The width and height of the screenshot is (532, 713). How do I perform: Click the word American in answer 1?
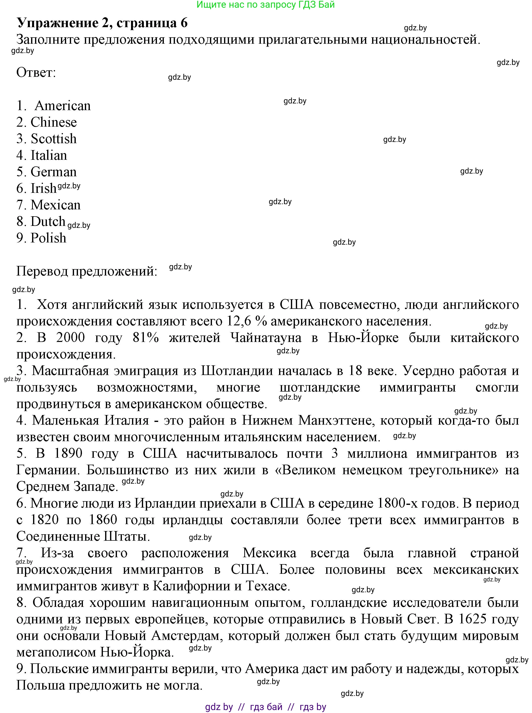pyautogui.click(x=62, y=106)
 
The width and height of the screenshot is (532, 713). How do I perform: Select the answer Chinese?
pyautogui.click(x=54, y=122)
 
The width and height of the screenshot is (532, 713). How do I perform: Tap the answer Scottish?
pyautogui.click(x=54, y=139)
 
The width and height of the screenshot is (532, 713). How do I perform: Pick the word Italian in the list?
pyautogui.click(x=49, y=156)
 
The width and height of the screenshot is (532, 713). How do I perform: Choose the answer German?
pyautogui.click(x=54, y=172)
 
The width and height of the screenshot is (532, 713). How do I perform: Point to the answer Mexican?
pyautogui.click(x=55, y=205)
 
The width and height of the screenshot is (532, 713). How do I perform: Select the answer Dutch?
pyautogui.click(x=48, y=222)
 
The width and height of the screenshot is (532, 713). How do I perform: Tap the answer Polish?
pyautogui.click(x=48, y=238)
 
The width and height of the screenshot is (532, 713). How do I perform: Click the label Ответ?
pyautogui.click(x=36, y=73)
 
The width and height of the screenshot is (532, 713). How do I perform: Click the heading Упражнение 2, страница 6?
pyautogui.click(x=102, y=23)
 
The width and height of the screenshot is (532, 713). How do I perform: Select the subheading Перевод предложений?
pyautogui.click(x=87, y=272)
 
